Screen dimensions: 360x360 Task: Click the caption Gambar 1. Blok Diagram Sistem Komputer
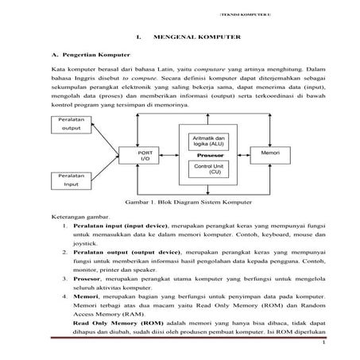click(180, 202)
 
